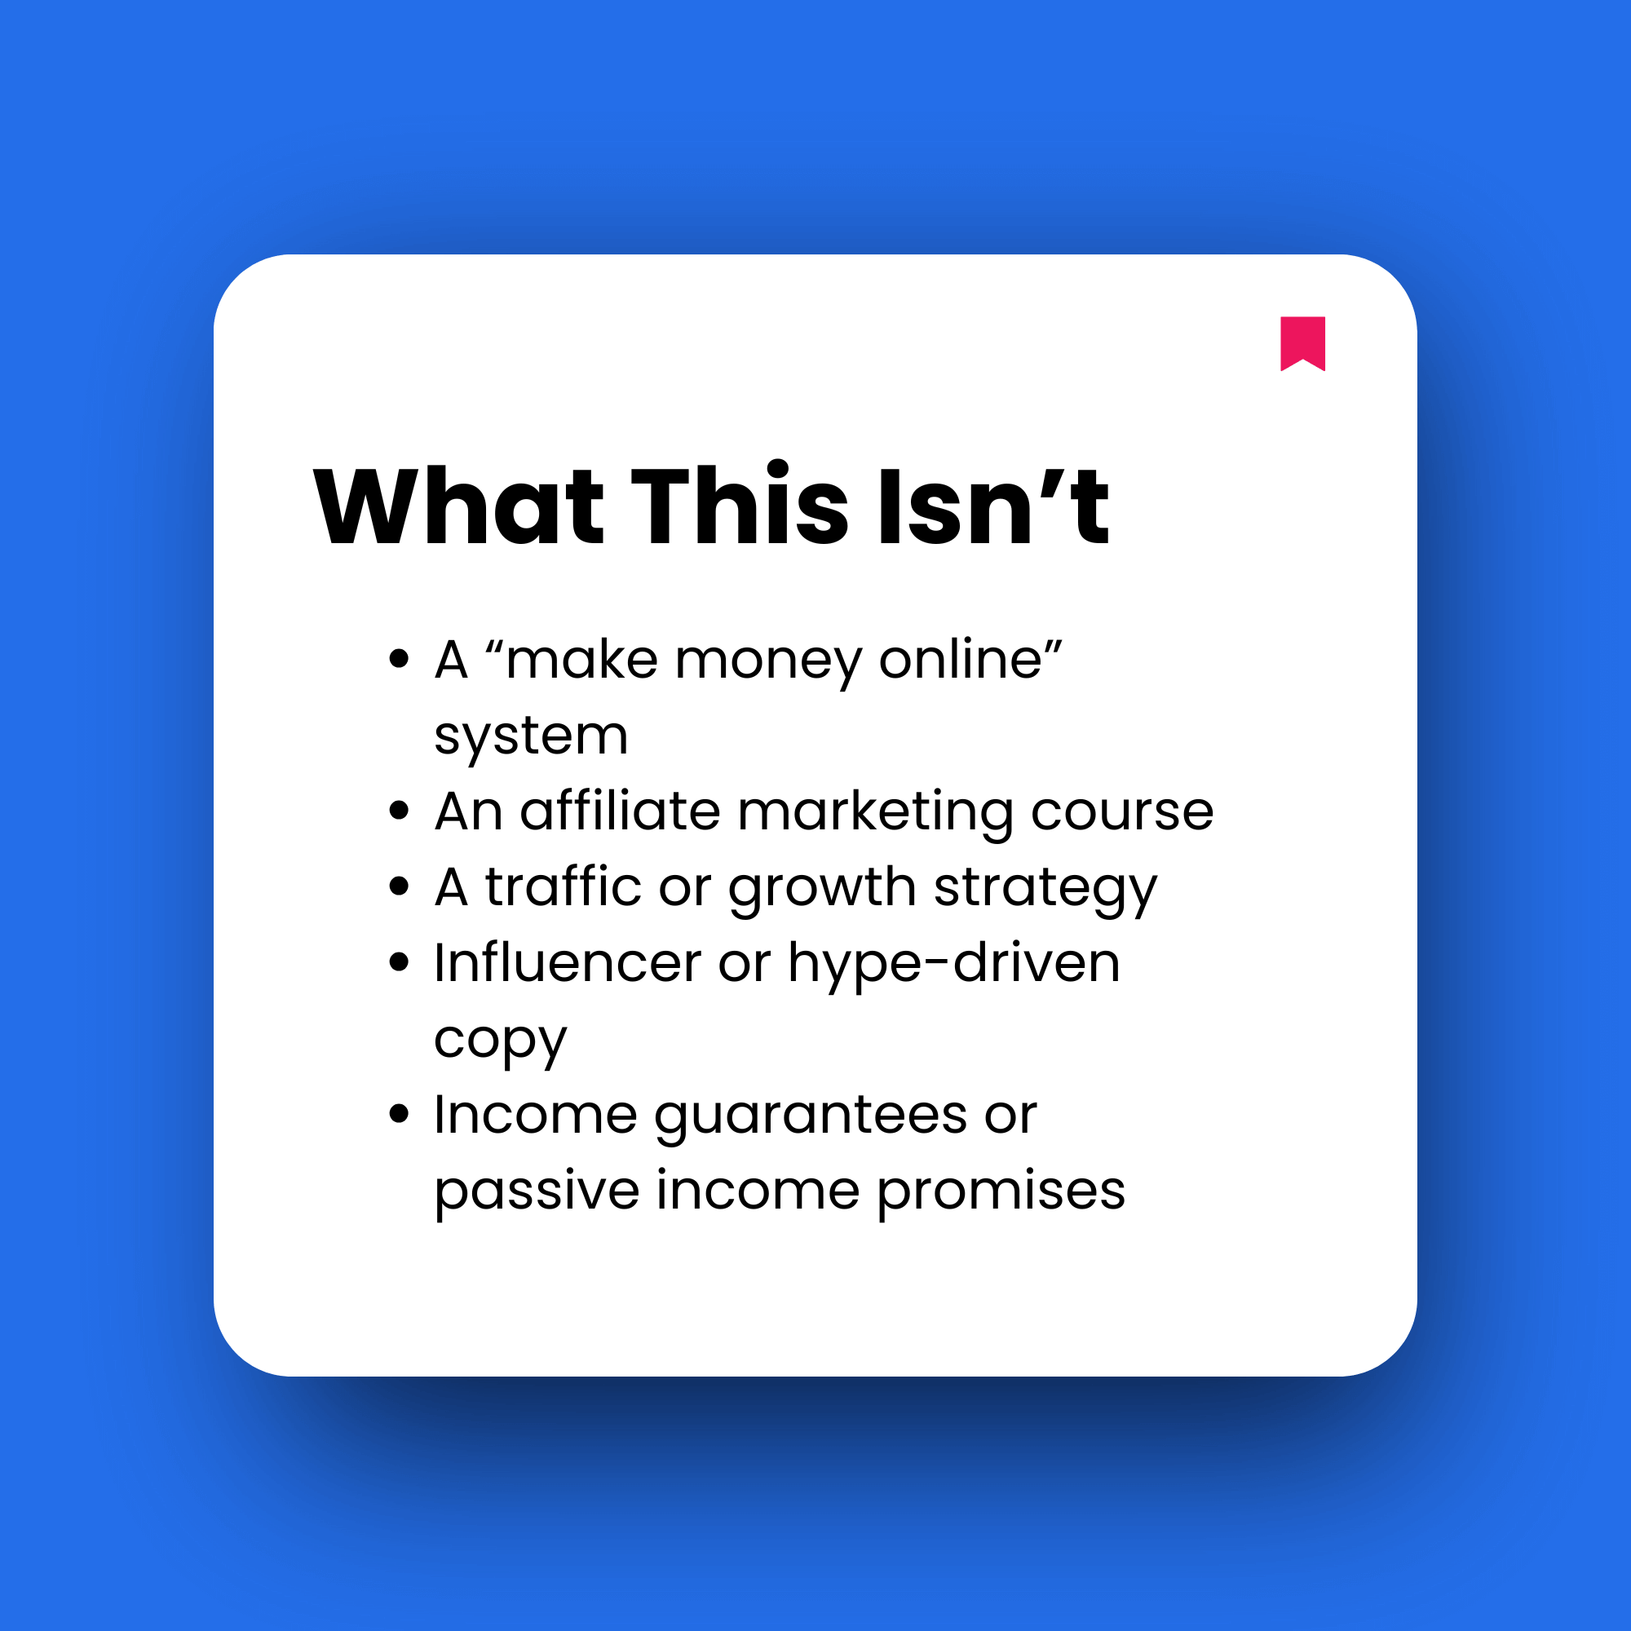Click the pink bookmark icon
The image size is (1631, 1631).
[1302, 342]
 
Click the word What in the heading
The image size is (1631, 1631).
[458, 506]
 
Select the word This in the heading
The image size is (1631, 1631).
[740, 506]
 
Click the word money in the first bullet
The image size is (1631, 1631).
[768, 661]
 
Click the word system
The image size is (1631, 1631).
[531, 736]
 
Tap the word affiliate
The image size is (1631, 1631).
[621, 811]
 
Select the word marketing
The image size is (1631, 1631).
[875, 813]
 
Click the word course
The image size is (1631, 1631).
[1122, 813]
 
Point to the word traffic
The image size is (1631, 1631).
[563, 887]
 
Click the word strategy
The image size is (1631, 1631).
[1046, 889]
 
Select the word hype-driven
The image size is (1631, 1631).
[954, 963]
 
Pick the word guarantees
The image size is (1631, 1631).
[811, 1117]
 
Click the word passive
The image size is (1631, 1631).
[537, 1191]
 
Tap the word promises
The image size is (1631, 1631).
[1001, 1193]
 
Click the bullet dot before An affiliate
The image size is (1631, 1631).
[400, 811]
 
